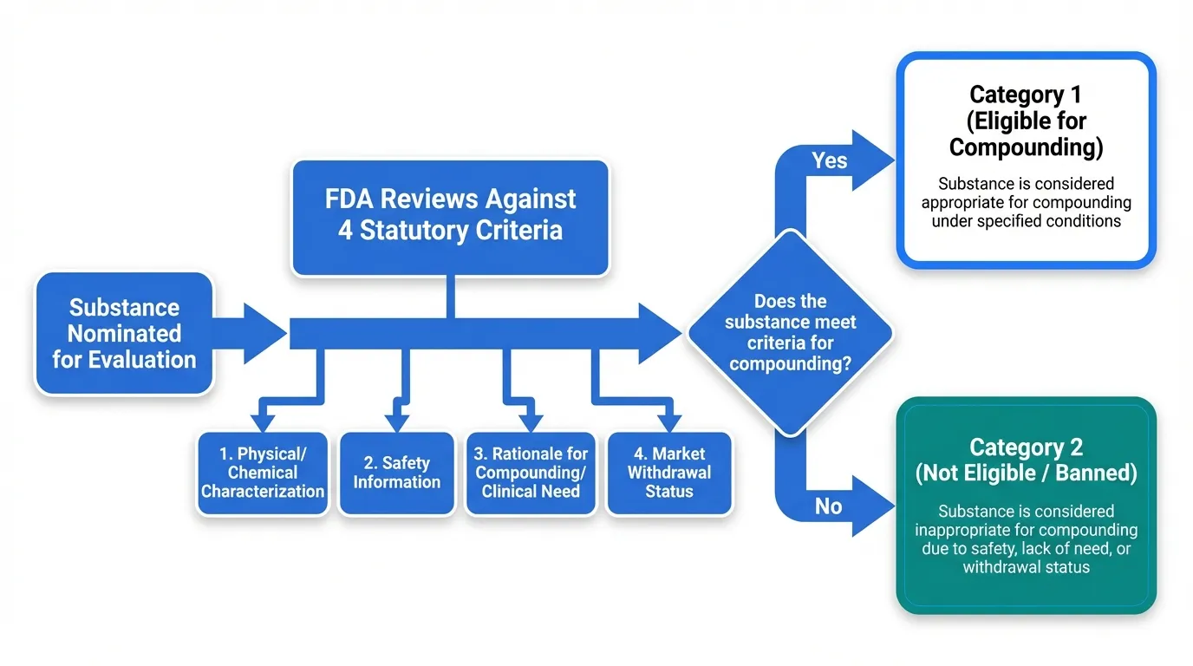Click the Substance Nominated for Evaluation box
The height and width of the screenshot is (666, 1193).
tap(124, 334)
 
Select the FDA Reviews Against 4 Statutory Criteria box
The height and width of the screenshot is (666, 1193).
tap(451, 218)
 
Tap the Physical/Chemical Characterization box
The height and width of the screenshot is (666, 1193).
tap(263, 473)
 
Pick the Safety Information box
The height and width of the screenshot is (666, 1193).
tap(397, 473)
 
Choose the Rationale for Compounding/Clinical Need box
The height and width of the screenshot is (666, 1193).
tap(531, 473)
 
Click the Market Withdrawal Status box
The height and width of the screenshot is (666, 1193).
tap(669, 473)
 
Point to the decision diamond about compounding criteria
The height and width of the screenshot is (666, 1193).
tap(791, 333)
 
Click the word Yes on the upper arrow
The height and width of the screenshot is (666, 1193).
tap(829, 160)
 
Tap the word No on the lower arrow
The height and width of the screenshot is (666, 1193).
tap(828, 506)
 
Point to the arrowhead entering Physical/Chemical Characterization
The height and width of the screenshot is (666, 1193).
tap(263, 422)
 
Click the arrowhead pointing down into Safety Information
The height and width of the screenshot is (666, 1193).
tap(397, 422)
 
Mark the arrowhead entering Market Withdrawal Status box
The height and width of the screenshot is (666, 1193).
tap(669, 422)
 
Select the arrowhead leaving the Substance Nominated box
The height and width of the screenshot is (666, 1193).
tap(264, 334)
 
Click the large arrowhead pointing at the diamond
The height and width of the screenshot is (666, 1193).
tap(659, 334)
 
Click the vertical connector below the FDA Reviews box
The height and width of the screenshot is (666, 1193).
tap(451, 297)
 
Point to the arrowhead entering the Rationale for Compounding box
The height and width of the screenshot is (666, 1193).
tap(531, 422)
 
